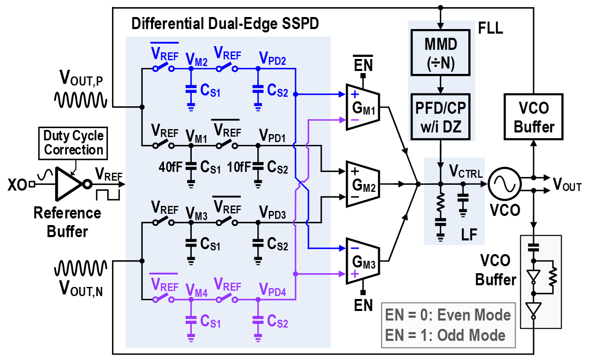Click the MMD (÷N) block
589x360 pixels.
[440, 52]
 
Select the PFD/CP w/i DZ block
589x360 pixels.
[440, 117]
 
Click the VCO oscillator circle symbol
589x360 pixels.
[504, 184]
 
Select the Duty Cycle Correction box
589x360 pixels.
[73, 143]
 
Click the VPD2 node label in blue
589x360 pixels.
[272, 59]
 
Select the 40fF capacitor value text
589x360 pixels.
[170, 167]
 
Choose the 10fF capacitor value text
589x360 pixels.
[239, 167]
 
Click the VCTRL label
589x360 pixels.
[466, 171]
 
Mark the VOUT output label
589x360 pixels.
[567, 185]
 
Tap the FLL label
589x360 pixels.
[490, 28]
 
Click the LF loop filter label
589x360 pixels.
[469, 235]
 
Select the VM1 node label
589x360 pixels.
[196, 137]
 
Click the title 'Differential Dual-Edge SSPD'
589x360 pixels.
[225, 24]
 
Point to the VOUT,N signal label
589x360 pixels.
[81, 288]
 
